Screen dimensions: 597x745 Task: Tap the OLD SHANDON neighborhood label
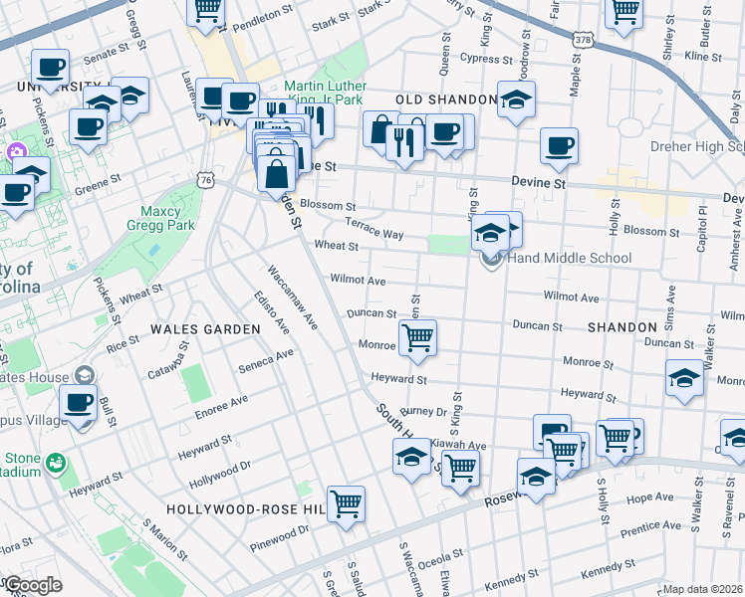tap(446, 100)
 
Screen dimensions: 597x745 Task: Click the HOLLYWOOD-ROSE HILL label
tap(247, 508)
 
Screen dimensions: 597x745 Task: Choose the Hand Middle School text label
tap(570, 259)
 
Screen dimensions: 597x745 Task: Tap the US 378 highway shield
tap(584, 39)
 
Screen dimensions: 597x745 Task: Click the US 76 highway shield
tap(206, 180)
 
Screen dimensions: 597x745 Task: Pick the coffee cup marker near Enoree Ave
tap(78, 403)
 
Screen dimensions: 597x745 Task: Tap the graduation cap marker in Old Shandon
tap(515, 99)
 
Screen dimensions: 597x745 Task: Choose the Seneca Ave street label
tap(266, 360)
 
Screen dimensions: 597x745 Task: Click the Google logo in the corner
tap(33, 585)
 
